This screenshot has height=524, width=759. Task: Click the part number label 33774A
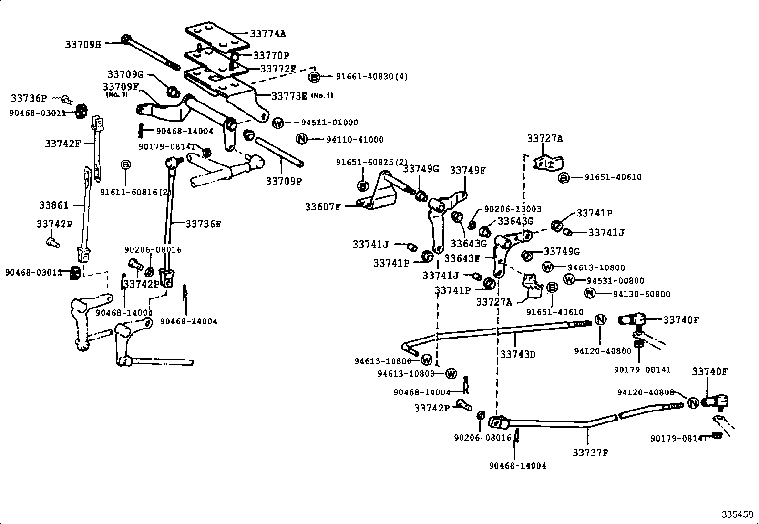pos(268,34)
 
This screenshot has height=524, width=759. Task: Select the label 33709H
pos(83,45)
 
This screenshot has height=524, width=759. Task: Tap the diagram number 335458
pos(737,514)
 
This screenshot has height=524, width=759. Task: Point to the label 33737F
pos(590,452)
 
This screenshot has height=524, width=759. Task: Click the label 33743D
pos(518,354)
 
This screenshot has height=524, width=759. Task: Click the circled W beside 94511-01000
pos(278,123)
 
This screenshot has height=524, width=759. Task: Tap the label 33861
pos(54,205)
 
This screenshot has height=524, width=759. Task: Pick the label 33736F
pos(204,224)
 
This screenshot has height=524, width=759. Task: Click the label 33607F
pos(323,207)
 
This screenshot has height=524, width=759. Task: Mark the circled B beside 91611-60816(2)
pos(125,164)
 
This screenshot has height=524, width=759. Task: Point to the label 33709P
pos(284,181)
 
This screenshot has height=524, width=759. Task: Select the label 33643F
pos(462,258)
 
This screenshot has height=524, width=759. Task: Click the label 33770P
pos(271,56)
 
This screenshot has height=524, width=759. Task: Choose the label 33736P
pos(29,98)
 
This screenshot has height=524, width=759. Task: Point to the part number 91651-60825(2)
pos(372,162)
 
